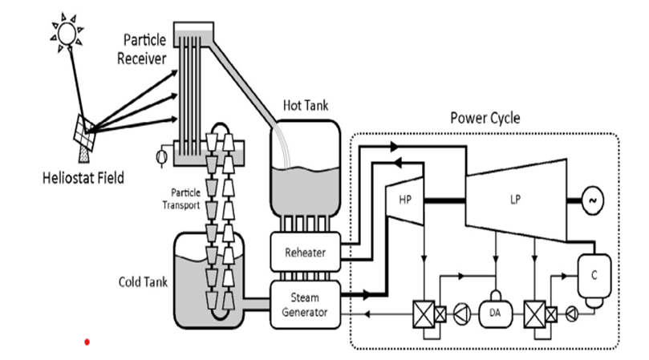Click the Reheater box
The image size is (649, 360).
coord(305,252)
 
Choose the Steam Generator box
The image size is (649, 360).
coord(305,299)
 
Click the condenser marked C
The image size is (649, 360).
coord(594,277)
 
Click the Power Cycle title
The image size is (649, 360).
coord(485,118)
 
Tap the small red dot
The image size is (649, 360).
coord(87,342)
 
